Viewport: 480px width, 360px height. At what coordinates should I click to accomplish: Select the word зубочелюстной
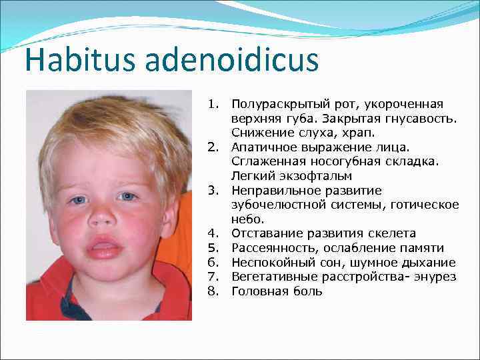[x=273, y=205]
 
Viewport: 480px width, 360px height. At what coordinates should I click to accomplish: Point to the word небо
[x=248, y=219]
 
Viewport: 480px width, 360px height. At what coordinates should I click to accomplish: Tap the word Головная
[x=257, y=291]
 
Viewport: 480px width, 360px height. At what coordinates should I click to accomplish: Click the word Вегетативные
[x=270, y=277]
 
